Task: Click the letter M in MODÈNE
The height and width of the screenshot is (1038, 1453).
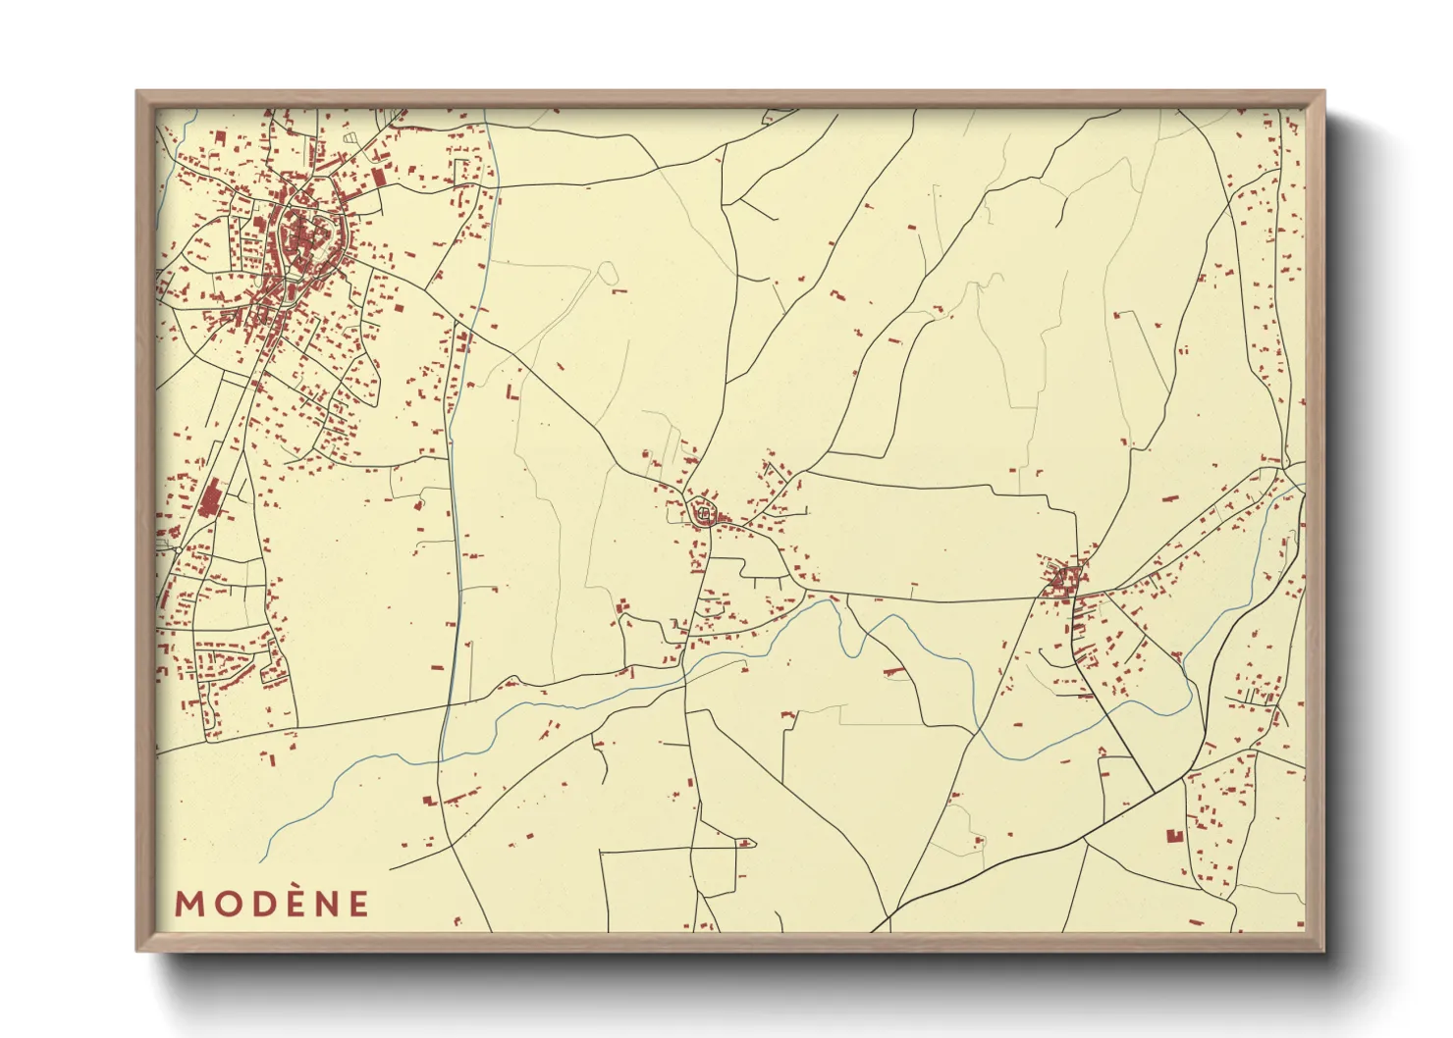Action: click(189, 904)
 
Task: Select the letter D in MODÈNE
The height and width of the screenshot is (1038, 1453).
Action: click(263, 904)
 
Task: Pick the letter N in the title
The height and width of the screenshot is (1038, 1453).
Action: click(326, 904)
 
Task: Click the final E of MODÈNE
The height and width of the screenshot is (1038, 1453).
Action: click(358, 904)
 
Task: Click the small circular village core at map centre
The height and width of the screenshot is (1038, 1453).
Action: click(703, 513)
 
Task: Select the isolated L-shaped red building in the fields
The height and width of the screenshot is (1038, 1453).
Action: click(511, 392)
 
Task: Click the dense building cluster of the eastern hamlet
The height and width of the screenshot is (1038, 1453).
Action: click(1063, 581)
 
